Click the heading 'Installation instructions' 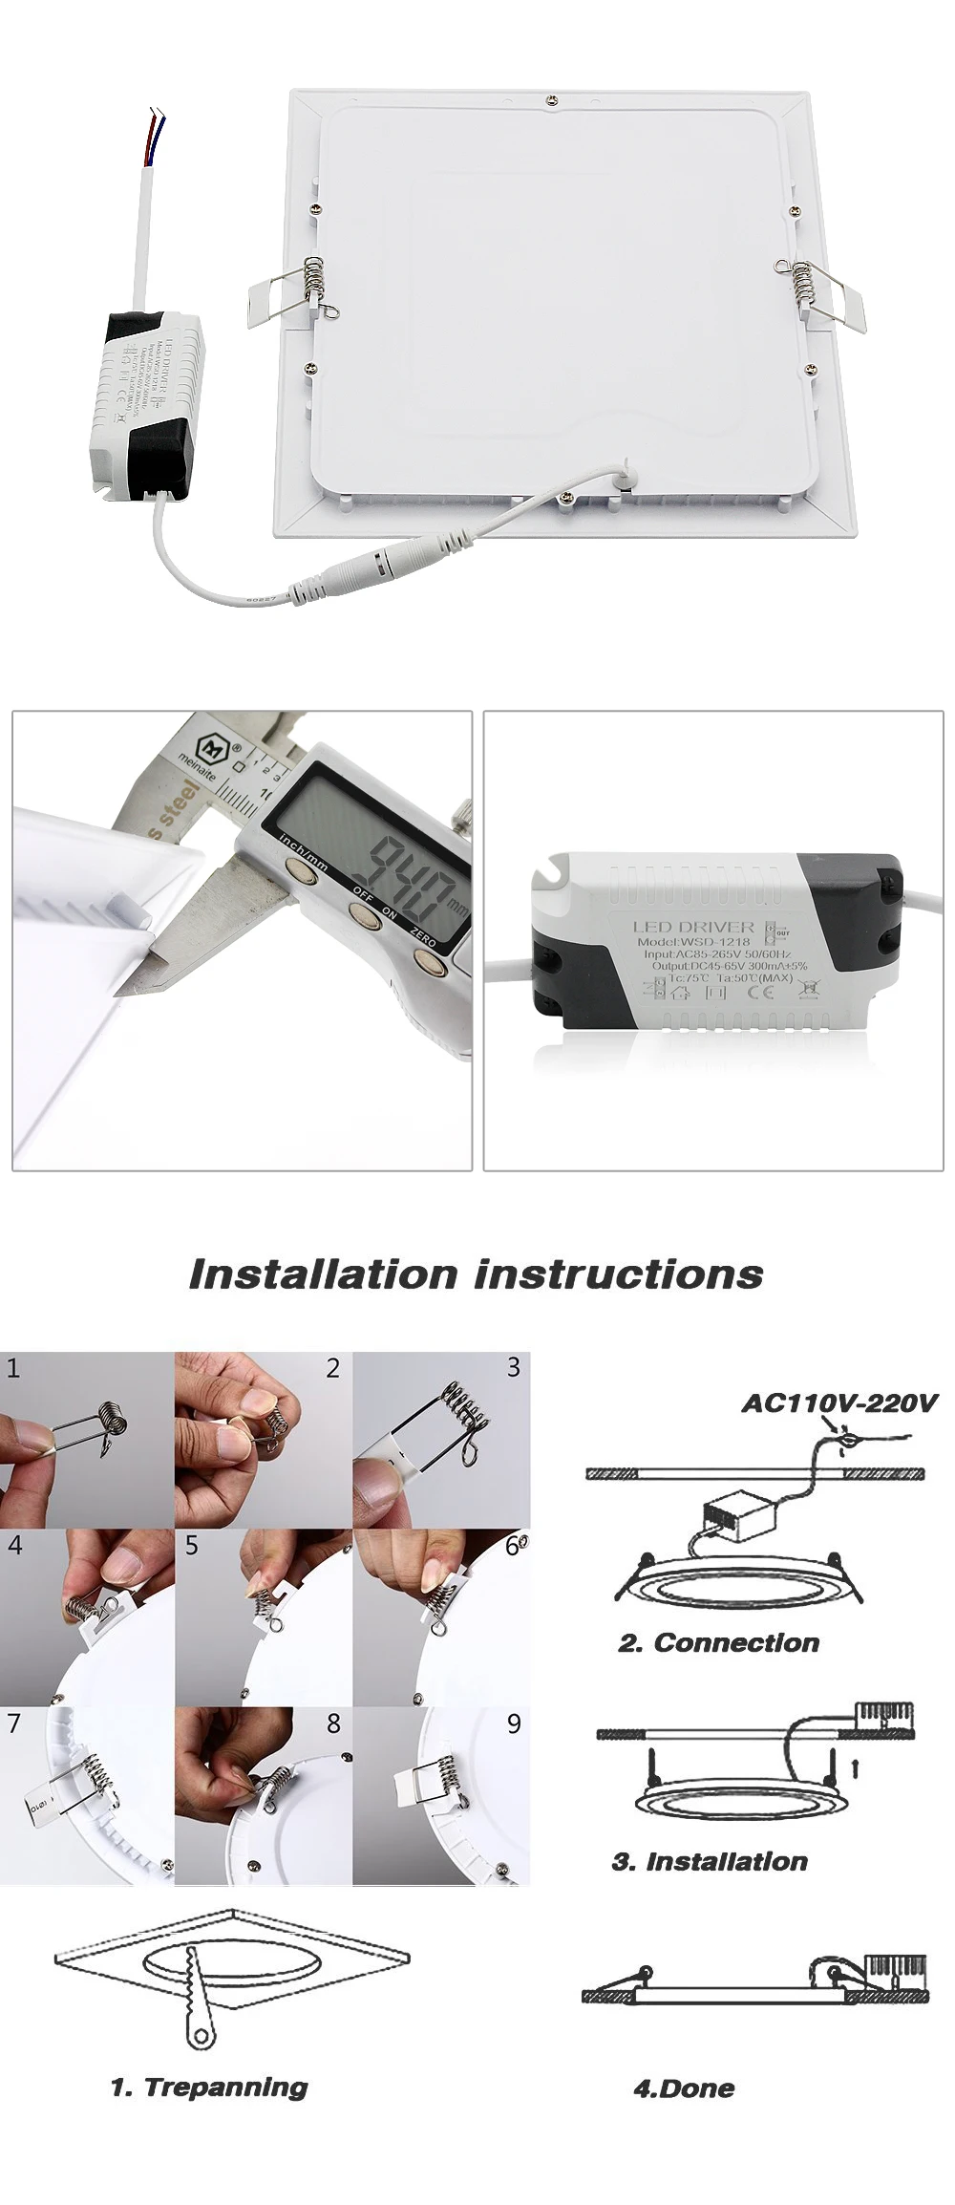pyautogui.click(x=476, y=1274)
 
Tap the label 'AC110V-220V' pyautogui.click(x=839, y=1403)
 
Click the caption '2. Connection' pyautogui.click(x=718, y=1643)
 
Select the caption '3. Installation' pyautogui.click(x=709, y=1861)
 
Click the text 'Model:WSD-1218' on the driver pyautogui.click(x=693, y=941)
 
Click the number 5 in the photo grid pyautogui.click(x=192, y=1545)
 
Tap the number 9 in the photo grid pyautogui.click(x=514, y=1724)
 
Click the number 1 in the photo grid pyautogui.click(x=12, y=1368)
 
